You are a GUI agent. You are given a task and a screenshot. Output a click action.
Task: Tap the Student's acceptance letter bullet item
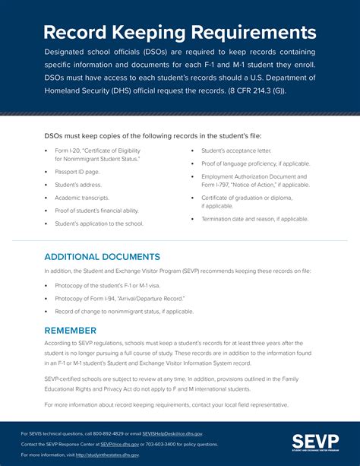click(x=238, y=151)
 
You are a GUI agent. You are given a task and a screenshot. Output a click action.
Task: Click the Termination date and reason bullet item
click(x=254, y=219)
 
